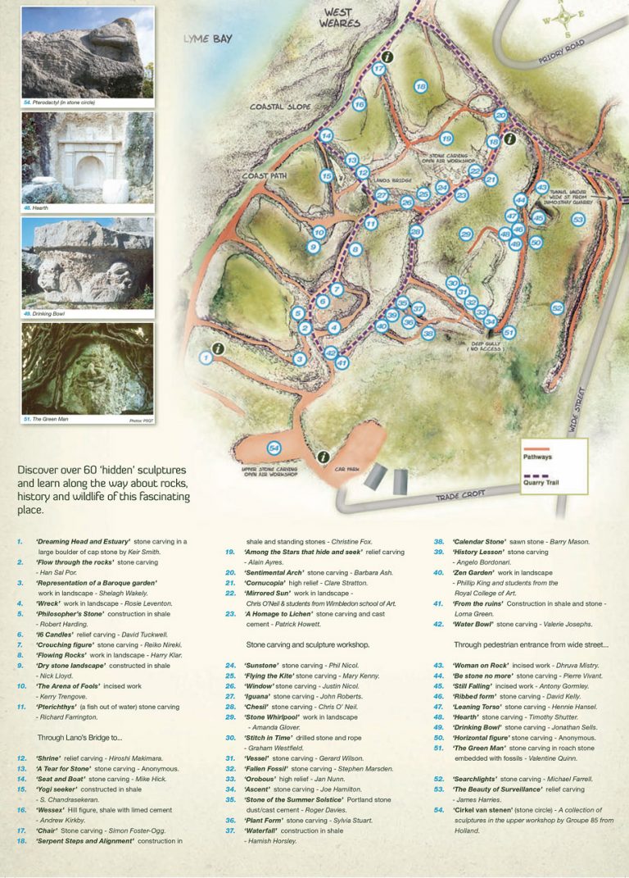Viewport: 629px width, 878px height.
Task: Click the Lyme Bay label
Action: click(x=208, y=39)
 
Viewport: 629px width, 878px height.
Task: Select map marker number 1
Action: click(x=206, y=357)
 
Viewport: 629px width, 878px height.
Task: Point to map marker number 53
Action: click(x=578, y=220)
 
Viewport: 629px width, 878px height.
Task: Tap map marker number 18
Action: click(x=420, y=86)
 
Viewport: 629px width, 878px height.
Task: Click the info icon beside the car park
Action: click(x=324, y=457)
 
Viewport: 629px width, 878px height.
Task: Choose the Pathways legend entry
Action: click(x=538, y=457)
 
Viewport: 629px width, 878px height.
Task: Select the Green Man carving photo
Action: click(x=88, y=370)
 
